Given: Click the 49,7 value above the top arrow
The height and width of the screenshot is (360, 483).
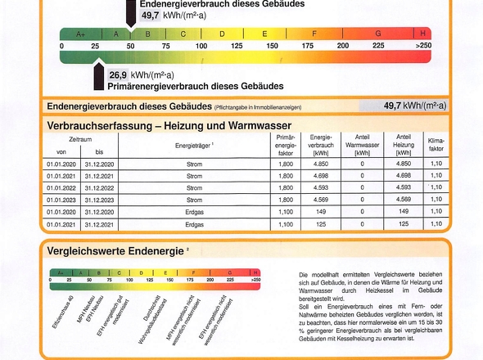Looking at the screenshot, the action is (x=151, y=16).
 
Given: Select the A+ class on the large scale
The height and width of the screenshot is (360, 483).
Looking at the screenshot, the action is (x=80, y=34).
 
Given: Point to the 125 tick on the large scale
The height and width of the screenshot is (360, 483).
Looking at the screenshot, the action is (x=237, y=47).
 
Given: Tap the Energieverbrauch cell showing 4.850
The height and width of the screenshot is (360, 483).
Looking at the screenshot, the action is (x=321, y=164).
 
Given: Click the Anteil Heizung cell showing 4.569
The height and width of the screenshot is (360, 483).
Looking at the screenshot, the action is (x=404, y=199).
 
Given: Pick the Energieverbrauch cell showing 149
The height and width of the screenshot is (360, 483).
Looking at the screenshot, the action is (x=321, y=211).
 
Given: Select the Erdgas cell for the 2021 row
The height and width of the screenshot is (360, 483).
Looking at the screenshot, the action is (x=195, y=223).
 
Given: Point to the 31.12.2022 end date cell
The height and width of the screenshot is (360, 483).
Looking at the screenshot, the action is (x=99, y=187).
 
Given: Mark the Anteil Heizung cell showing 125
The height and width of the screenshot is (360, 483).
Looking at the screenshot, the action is (x=404, y=223).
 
